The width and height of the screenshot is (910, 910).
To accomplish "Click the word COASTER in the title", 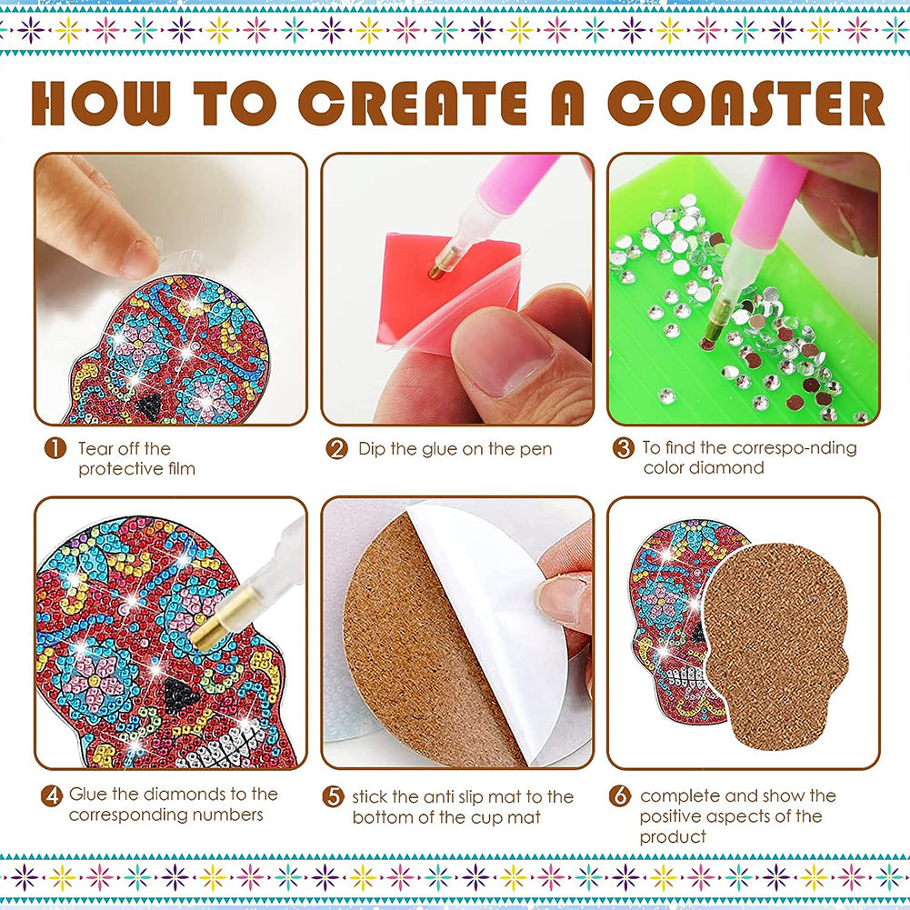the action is pos(746,103).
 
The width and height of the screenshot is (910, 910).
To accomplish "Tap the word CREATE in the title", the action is pos(414,103).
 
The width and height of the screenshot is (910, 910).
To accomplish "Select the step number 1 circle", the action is pos(55,448).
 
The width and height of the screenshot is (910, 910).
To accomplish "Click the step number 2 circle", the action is pos(336,448).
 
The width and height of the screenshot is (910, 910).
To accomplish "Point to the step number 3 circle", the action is pos(624,448).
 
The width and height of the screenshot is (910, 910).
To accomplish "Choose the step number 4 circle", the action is pos(52,795).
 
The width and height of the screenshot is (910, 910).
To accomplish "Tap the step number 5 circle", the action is pos(333,796).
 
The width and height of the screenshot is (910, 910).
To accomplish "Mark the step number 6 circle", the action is pos(620,795).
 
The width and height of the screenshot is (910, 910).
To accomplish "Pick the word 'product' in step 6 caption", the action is pos(673,837).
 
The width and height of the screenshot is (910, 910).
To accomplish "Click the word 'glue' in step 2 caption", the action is pos(449,450).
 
